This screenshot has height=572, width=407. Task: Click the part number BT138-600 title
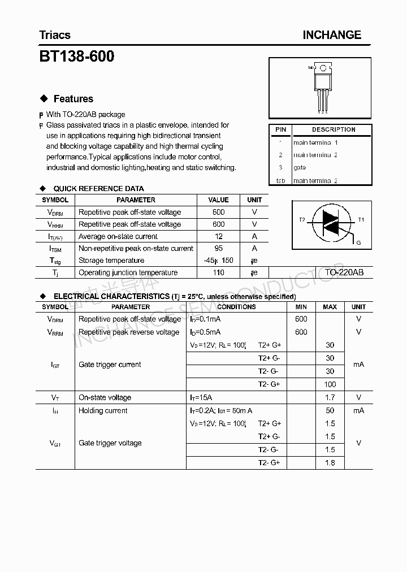[x=76, y=57]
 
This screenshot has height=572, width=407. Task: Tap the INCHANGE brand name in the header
[x=332, y=35]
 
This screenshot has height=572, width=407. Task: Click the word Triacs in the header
[x=55, y=35]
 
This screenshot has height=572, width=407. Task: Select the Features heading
[x=73, y=99]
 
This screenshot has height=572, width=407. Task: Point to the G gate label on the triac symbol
[x=358, y=242]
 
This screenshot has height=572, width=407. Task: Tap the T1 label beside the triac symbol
[x=361, y=219]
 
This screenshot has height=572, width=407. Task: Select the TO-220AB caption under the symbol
[x=344, y=272]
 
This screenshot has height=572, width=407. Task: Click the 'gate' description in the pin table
[x=300, y=167]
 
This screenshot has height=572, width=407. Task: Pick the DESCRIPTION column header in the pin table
[x=334, y=129]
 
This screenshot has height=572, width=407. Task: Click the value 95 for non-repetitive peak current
[x=219, y=248]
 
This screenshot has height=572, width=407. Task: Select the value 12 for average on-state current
[x=219, y=236]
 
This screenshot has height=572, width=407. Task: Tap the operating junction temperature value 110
[x=219, y=272]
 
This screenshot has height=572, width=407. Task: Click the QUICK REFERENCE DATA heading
[x=98, y=188]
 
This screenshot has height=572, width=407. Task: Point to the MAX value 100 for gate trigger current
[x=330, y=384]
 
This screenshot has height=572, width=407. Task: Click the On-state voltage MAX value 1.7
[x=330, y=397]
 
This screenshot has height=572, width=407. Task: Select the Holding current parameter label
[x=103, y=410]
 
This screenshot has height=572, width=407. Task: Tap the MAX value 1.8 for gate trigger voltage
[x=330, y=463]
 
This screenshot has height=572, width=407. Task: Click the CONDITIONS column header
[x=236, y=307]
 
